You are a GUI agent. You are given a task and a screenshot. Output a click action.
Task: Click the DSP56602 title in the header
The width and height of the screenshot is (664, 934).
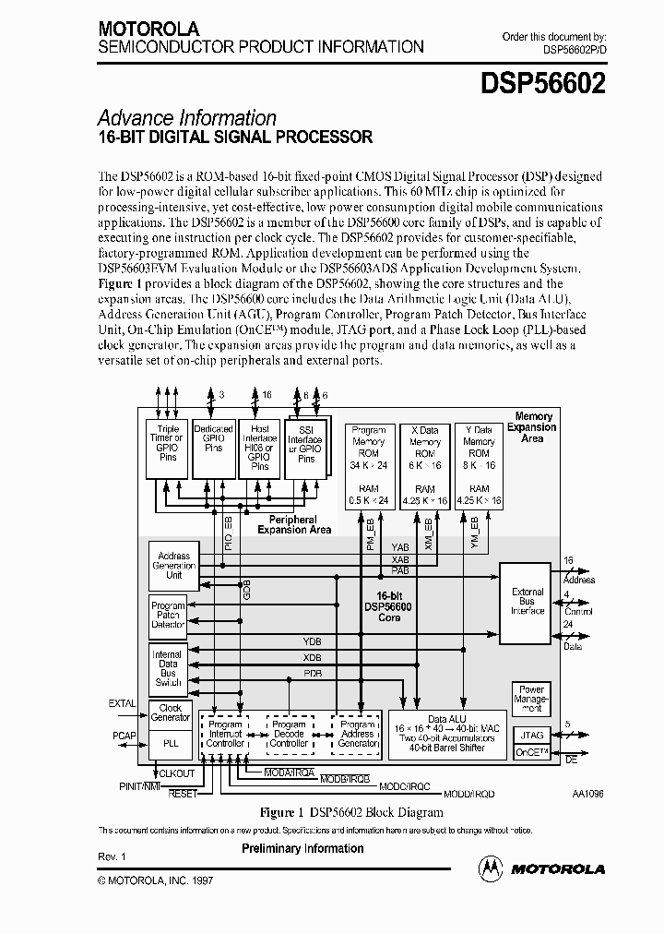pos(542,84)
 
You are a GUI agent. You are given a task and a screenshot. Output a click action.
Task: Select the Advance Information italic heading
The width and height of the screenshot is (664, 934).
pos(186,118)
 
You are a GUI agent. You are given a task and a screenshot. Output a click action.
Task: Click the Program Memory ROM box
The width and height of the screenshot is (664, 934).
pos(369,465)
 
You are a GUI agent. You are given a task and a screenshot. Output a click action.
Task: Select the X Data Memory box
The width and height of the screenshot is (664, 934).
pos(424,465)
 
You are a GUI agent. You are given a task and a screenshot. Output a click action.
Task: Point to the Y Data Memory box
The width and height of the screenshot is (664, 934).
pos(479,465)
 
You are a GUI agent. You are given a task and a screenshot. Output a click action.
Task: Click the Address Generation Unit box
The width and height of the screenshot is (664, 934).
pos(173,566)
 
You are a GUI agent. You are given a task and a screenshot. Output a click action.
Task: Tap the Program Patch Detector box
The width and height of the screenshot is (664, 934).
pos(168,615)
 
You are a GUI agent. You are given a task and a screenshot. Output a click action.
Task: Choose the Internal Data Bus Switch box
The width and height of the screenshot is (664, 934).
pos(168,668)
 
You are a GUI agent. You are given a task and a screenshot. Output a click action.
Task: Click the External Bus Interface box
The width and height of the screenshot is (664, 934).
pos(528,601)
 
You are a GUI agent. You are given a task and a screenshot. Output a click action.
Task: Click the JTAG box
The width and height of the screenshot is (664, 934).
pos(532,735)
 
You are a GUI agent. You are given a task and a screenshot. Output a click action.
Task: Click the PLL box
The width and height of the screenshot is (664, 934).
pos(171,741)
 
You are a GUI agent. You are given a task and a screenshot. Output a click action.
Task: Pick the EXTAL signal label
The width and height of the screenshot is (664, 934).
pos(122,703)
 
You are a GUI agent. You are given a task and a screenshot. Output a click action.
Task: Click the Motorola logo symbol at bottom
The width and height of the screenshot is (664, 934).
pos(492,868)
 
